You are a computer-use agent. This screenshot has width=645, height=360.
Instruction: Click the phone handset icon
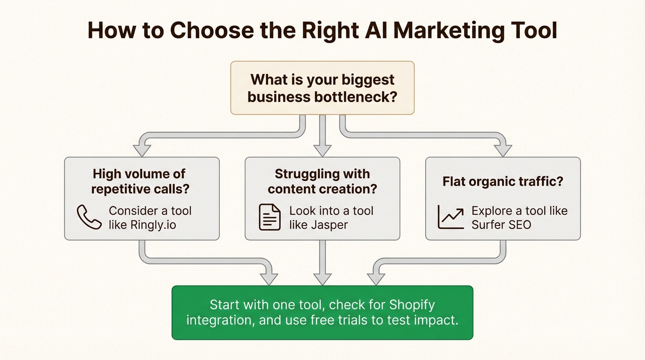tap(89, 217)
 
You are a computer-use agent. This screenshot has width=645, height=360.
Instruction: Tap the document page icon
tap(270, 217)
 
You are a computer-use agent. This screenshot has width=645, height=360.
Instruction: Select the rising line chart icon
tap(450, 217)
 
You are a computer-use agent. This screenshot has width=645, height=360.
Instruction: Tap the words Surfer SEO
tap(501, 225)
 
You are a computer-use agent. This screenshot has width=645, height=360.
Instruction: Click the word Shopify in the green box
tap(412, 305)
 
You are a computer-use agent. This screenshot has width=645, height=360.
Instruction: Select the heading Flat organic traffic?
tap(502, 181)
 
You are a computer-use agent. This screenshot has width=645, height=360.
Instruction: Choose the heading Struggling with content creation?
tap(322, 181)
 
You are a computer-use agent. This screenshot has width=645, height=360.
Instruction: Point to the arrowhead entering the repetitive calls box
tap(142, 150)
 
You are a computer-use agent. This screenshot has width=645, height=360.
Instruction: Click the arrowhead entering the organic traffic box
tap(502, 150)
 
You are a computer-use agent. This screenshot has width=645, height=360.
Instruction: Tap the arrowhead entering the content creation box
tap(322, 150)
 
